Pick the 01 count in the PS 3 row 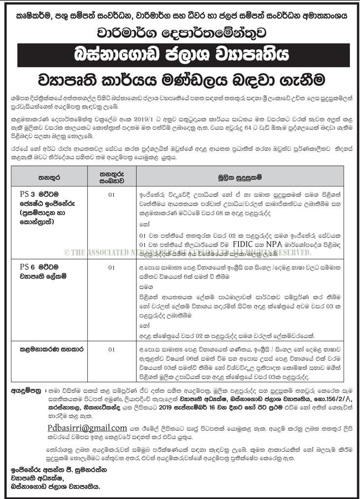coord(111,194)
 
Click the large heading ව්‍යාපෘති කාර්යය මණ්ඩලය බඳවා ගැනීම coord(180,78)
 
